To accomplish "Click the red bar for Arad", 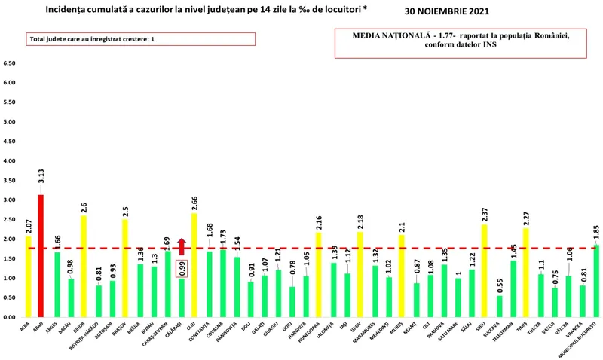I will coord(41,256).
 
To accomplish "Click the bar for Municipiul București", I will coord(596,281).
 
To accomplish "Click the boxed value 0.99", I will coord(181,267).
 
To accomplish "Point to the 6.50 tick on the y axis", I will coord(11,63).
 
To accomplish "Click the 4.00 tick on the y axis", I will coord(11,161).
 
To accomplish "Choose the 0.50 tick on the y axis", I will coord(11,298).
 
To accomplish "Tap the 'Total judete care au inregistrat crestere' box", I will coord(130,39).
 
